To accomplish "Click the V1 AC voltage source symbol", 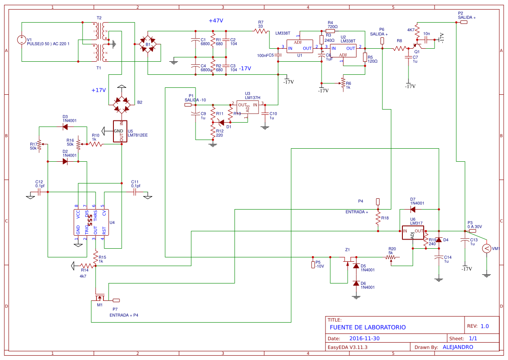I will (x=21, y=40).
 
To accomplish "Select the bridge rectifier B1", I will (x=148, y=45).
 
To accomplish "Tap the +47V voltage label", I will (x=216, y=21).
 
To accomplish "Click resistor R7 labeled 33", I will (x=261, y=30).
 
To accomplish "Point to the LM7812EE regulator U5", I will (x=121, y=131).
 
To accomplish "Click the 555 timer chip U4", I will (x=90, y=222).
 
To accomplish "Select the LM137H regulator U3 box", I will (x=247, y=107).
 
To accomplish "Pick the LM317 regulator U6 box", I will (x=412, y=233).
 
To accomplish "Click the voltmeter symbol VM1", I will (x=487, y=248).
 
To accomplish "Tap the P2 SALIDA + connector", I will (x=464, y=22).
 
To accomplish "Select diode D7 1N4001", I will (x=412, y=209).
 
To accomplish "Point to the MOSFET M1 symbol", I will (x=100, y=298).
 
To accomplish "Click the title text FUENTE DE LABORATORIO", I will (x=367, y=327).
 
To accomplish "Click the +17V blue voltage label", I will (x=99, y=90).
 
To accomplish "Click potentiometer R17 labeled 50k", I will (x=40, y=144).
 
